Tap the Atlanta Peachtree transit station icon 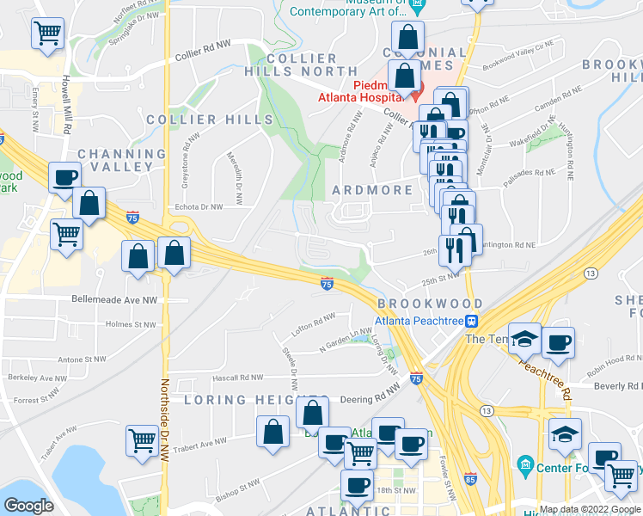[x=471, y=322]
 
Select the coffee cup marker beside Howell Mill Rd [x=64, y=178]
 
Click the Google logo [x=28, y=506]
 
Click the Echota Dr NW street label [x=198, y=206]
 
